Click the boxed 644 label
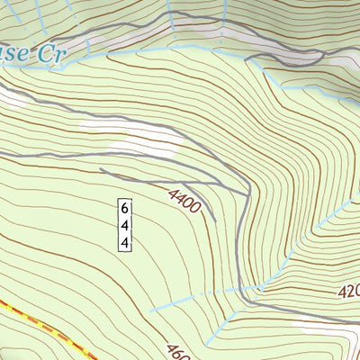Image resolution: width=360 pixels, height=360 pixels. click(x=125, y=224)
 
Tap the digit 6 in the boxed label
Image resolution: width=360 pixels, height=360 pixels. click(x=125, y=208)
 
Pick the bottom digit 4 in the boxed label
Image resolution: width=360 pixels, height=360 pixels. click(x=125, y=242)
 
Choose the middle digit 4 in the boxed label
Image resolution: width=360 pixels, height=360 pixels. click(x=125, y=225)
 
